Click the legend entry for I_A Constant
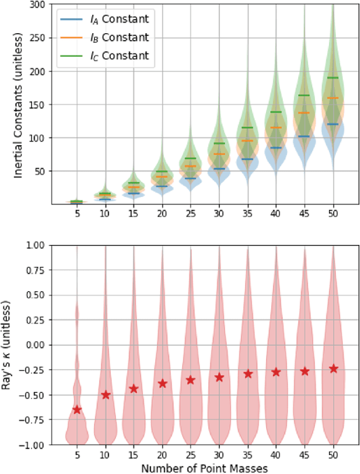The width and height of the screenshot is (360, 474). click(104, 19)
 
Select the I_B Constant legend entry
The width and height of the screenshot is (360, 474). click(104, 37)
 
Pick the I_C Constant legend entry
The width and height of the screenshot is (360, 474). click(104, 55)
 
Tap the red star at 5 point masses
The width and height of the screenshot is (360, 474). click(76, 410)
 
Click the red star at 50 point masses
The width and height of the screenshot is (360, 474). click(334, 368)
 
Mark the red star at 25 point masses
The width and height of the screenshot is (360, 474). click(191, 380)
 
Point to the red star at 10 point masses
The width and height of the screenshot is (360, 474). click(105, 395)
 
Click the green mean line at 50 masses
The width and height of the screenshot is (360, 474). click(334, 78)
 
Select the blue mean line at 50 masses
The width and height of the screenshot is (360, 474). click(334, 124)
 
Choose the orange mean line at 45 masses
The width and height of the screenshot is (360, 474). click(305, 113)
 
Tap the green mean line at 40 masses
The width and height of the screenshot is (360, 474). click(276, 112)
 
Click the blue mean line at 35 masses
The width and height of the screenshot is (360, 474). click(247, 159)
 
